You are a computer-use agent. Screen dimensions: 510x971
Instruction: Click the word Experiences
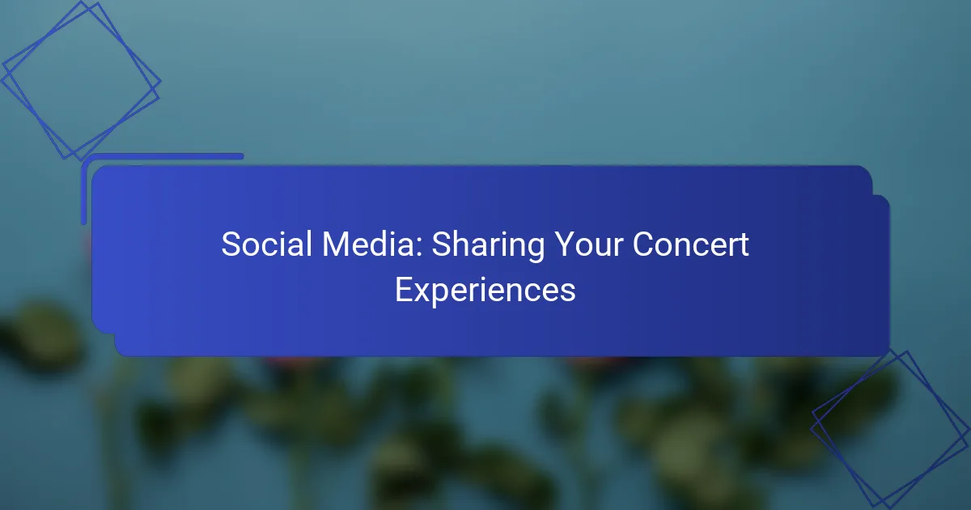point(485,291)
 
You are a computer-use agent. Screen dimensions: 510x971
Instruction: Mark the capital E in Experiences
point(402,289)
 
